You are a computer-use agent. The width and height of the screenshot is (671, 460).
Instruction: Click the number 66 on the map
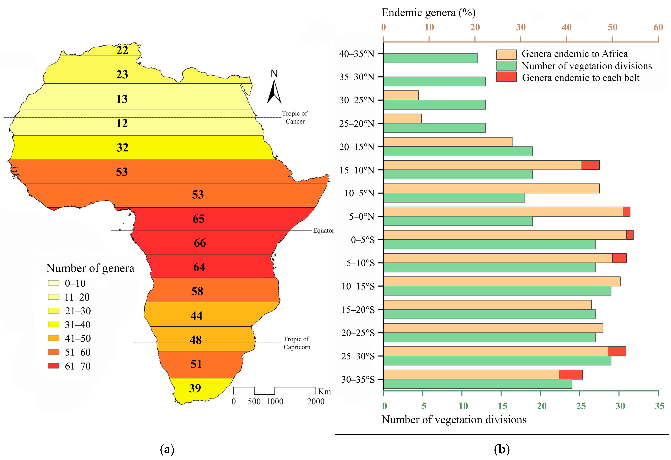[200, 243]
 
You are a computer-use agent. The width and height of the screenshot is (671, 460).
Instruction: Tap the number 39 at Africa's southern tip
[195, 388]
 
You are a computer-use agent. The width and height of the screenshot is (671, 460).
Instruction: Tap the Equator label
[323, 231]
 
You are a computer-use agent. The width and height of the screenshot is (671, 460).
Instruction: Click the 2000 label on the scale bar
[316, 401]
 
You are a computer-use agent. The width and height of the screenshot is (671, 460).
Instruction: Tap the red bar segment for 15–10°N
[590, 165]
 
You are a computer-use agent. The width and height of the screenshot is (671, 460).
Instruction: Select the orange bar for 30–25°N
[401, 95]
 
